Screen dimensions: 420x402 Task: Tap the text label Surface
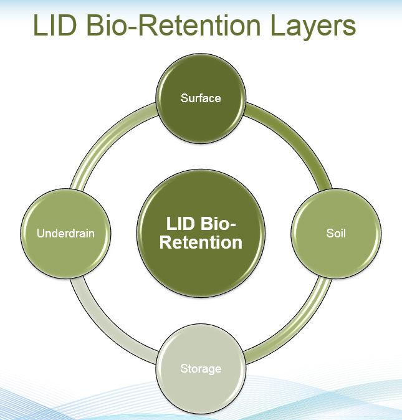201,98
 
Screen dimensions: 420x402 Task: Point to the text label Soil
336,234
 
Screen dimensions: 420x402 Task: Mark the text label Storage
201,368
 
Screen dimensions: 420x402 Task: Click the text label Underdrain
66,234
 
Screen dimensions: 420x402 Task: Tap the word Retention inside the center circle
201,242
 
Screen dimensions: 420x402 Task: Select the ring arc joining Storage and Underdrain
106,330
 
